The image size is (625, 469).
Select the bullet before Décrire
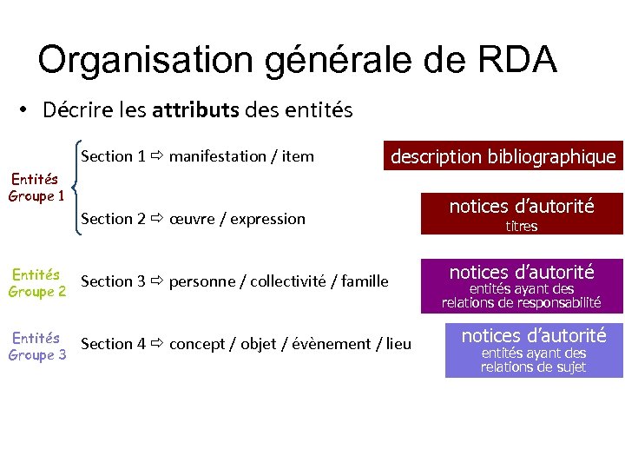(25, 110)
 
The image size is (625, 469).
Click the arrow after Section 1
(156, 156)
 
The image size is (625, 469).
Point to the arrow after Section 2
(156, 219)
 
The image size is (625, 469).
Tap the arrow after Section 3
(156, 281)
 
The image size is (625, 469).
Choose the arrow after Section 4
(156, 344)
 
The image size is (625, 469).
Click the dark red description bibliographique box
(503, 156)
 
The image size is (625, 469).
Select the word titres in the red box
(522, 227)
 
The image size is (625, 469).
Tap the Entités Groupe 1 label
(36, 187)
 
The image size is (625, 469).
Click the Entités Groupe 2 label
(36, 283)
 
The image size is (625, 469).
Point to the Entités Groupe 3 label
(36, 346)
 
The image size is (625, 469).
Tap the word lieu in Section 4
(398, 344)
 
